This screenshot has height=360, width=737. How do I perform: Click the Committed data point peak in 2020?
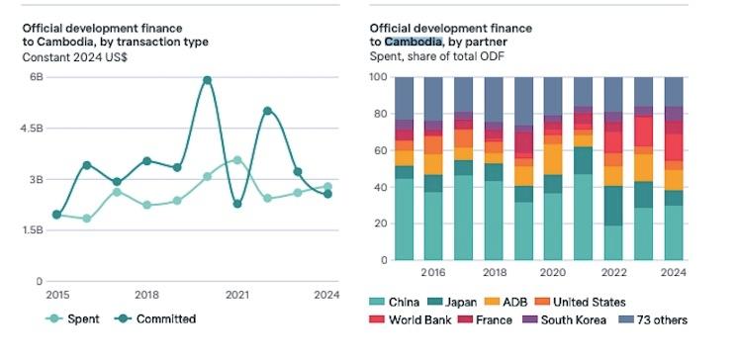[207, 80]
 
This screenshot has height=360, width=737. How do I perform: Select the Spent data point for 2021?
[237, 160]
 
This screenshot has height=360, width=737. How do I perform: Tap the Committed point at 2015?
[56, 215]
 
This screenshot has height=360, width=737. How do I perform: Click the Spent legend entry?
[72, 318]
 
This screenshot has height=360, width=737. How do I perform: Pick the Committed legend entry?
[155, 318]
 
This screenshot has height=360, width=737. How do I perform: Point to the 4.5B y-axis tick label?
[32, 129]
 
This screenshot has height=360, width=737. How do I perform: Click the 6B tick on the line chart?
[37, 77]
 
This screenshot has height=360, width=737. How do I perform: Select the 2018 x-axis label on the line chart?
[147, 295]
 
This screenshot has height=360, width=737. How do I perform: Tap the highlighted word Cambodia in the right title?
[414, 42]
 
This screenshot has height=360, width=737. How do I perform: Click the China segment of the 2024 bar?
[673, 232]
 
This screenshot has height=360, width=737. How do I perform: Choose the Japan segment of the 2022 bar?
[613, 206]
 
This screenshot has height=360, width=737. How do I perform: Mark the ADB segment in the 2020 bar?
[553, 159]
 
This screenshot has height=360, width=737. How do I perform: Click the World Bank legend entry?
[411, 320]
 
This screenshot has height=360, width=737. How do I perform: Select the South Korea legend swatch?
[529, 320]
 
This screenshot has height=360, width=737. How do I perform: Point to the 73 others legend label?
[662, 320]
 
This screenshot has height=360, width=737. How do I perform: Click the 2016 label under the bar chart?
[433, 273]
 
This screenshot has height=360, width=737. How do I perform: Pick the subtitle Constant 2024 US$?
[75, 57]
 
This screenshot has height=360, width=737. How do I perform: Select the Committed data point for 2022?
[267, 111]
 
